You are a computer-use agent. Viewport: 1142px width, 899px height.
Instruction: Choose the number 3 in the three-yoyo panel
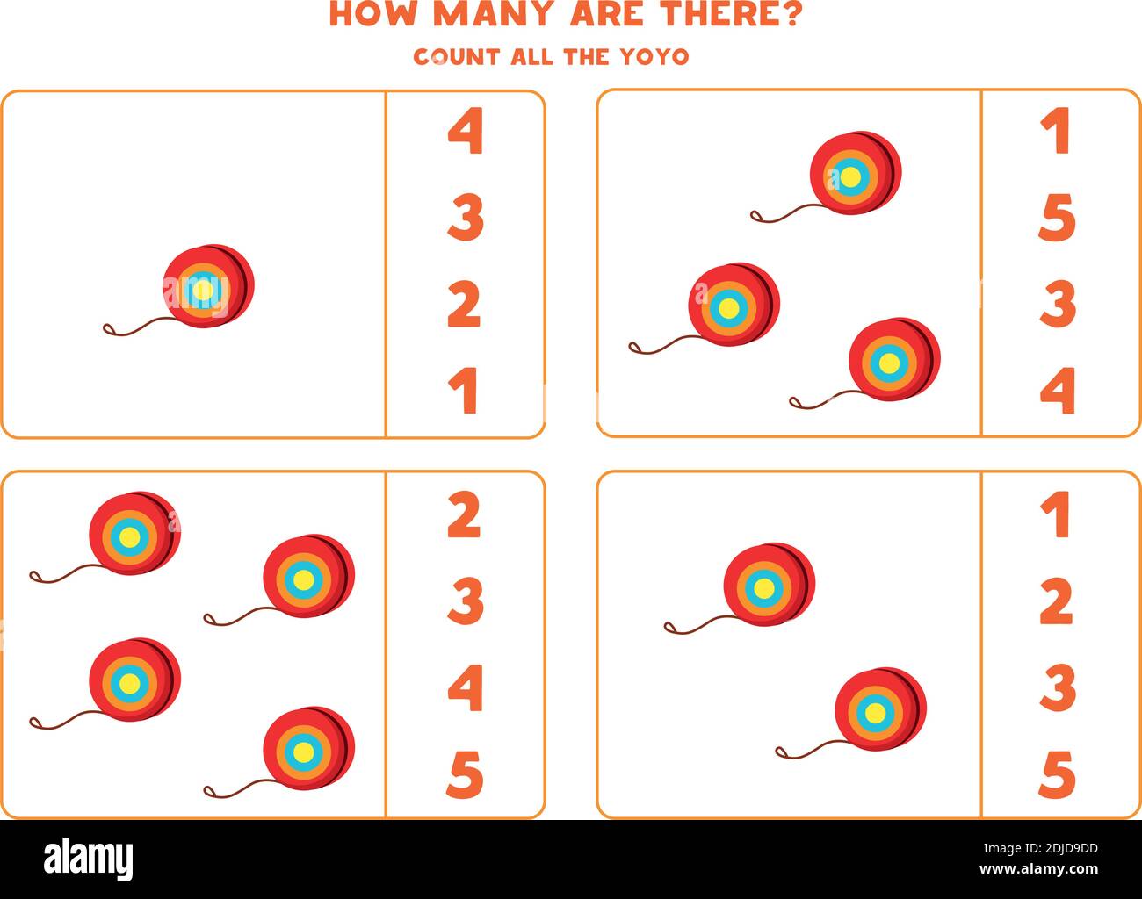1058,304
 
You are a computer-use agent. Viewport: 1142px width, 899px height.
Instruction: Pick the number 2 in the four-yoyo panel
464,515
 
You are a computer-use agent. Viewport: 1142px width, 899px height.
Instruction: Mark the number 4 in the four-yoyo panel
465,687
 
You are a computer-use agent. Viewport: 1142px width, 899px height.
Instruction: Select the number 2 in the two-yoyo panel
1056,601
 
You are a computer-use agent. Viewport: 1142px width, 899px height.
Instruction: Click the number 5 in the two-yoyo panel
1057,774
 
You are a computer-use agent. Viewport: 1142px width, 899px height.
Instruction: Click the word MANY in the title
498,15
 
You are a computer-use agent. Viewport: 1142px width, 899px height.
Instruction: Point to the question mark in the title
789,15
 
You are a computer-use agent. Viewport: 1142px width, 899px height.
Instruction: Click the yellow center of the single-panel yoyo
203,290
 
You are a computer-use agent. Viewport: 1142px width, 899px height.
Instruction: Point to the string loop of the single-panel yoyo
110,330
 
